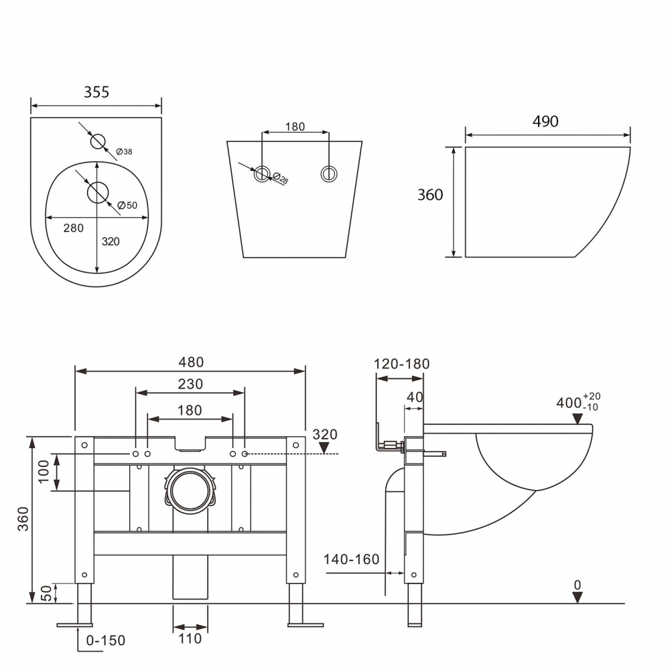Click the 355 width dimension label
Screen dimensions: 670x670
[x=96, y=92]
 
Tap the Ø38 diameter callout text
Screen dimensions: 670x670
[x=124, y=152]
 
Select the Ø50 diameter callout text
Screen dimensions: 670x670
[x=127, y=205]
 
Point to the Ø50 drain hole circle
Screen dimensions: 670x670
[x=98, y=192]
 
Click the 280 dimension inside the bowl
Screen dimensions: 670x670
[x=73, y=228]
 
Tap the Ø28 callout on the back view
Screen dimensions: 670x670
[x=281, y=179]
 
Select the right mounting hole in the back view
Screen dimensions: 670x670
[x=328, y=174]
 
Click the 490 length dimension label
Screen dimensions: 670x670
[x=545, y=121]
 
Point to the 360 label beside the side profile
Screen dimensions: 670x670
[x=430, y=195]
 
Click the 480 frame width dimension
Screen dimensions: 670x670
[x=190, y=362]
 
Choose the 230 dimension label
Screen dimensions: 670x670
[x=190, y=385]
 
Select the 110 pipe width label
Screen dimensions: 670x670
[x=190, y=639]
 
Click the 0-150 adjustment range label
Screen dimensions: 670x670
[x=106, y=641]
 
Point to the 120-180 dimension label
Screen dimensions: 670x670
[x=402, y=364]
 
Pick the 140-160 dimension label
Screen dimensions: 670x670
[x=351, y=559]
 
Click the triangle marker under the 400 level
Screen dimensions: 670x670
[x=576, y=419]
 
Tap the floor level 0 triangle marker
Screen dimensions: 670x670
[x=577, y=597]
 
